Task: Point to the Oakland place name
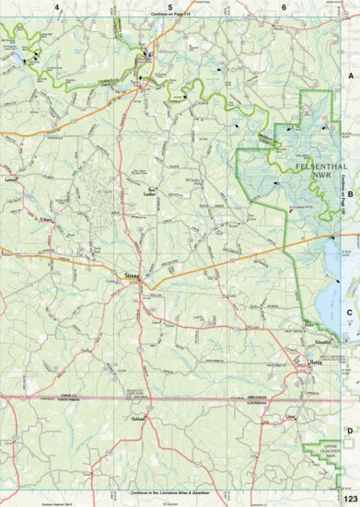pos(137,419)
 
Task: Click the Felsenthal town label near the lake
pos(321,342)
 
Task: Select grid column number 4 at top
pos(57,6)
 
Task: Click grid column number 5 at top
pos(170,6)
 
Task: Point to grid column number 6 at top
pos(284,6)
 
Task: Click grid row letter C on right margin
pos(350,311)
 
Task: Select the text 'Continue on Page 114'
pos(170,17)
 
